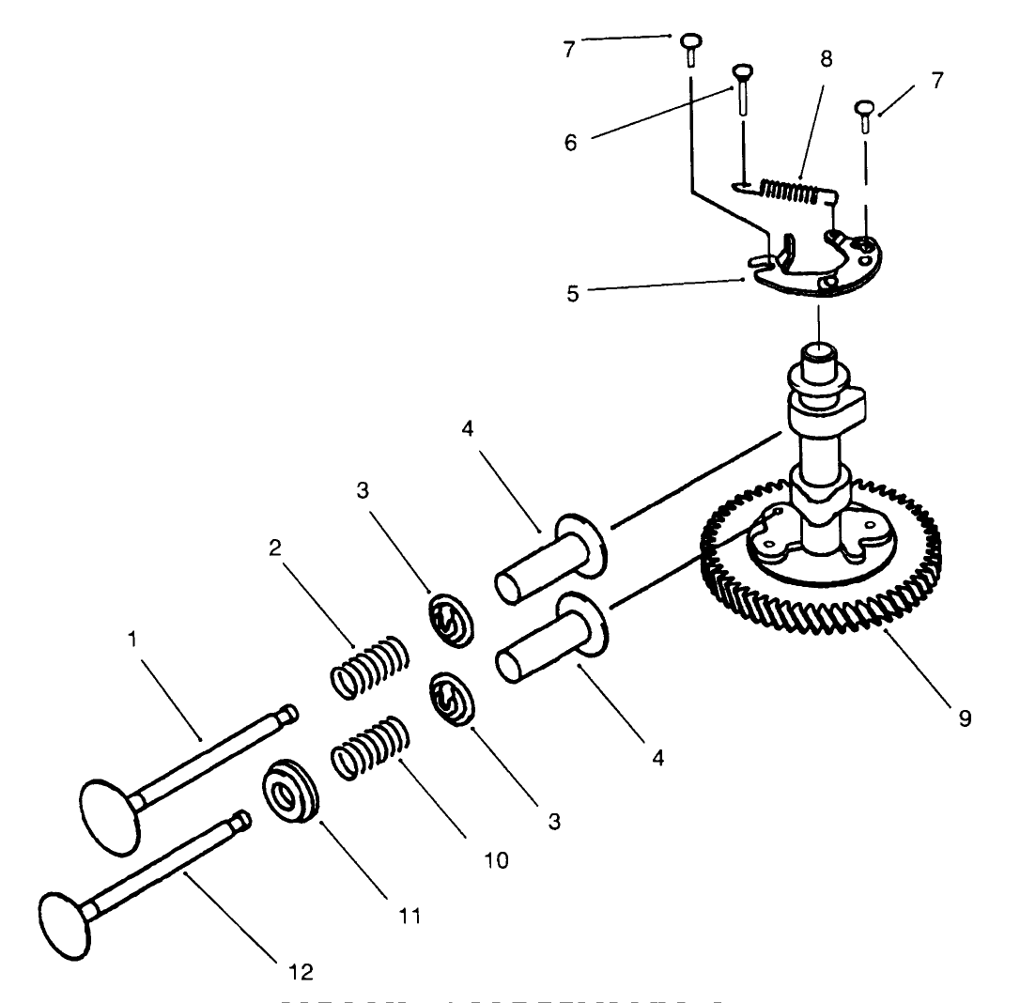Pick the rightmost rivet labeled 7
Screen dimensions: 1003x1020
point(865,116)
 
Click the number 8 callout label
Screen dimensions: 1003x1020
point(825,58)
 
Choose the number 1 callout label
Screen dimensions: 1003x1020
point(133,638)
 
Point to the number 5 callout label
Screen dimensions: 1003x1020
point(571,291)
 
